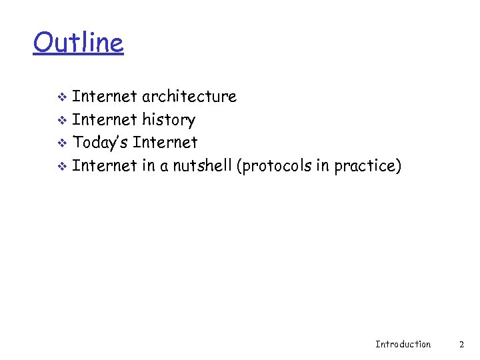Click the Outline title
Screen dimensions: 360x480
[x=78, y=43]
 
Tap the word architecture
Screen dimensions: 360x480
[x=189, y=97]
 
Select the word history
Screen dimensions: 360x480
[x=169, y=120]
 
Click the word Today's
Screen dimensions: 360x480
[x=101, y=142]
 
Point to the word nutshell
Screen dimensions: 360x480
[x=202, y=165]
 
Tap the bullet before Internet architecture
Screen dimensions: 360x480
[x=61, y=97]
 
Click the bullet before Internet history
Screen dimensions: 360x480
[x=61, y=121]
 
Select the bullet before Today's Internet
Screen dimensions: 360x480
[x=61, y=143]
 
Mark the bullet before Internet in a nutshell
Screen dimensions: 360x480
[x=61, y=166]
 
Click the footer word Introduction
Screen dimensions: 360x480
[x=403, y=344]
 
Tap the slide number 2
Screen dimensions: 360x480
[x=461, y=344]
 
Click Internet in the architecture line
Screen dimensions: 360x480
[x=105, y=97]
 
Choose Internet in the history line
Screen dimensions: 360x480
[x=105, y=120]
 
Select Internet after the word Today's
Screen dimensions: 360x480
[x=165, y=142]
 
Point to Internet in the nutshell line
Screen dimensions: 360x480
[x=105, y=165]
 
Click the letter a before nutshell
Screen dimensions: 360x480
[x=164, y=166]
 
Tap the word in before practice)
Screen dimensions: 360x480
[x=323, y=165]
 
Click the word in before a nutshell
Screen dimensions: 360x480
[x=148, y=165]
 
